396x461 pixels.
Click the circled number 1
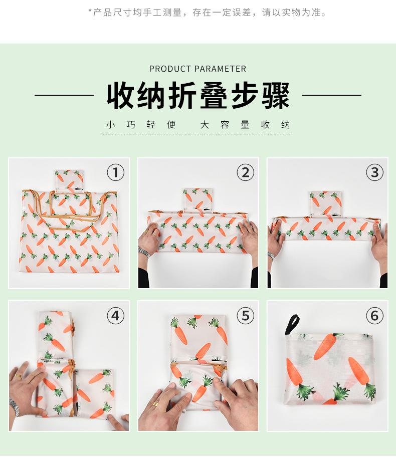point(116,172)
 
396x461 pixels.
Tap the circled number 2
point(245,172)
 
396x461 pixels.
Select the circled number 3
point(374,172)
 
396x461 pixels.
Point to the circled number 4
point(116,316)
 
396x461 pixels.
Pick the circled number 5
point(245,316)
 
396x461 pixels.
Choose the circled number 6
point(374,316)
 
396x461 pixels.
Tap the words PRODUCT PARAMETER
point(197,69)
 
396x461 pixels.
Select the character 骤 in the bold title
point(276,96)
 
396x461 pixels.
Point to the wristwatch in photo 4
point(15,407)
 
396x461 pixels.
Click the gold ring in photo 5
point(155,404)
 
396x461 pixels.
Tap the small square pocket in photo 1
point(69,180)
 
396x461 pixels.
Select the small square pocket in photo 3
point(325,203)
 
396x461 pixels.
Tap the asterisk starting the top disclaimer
point(90,11)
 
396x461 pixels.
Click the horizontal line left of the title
point(64,95)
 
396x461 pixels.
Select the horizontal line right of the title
point(332,95)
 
